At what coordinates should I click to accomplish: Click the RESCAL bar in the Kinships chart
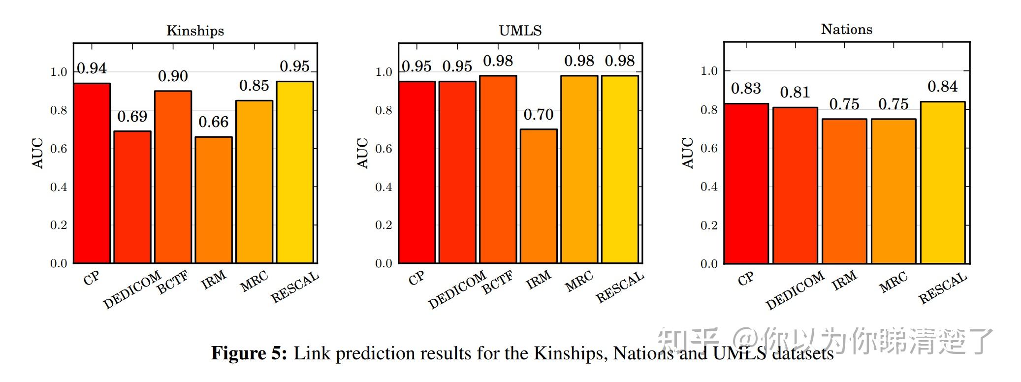tap(295, 172)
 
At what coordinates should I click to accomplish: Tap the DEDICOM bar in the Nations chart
tap(795, 185)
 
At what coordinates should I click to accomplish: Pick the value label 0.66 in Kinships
tap(214, 122)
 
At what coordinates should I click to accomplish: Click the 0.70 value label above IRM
tap(539, 114)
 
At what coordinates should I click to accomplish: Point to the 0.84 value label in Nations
tap(942, 87)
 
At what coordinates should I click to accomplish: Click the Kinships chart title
tap(195, 31)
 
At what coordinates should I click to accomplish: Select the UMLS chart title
tap(520, 31)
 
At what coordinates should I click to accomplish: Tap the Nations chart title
tap(846, 30)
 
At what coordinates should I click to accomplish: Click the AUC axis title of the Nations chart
tap(688, 153)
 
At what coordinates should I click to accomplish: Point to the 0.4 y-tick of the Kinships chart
tap(59, 187)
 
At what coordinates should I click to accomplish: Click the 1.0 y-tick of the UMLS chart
tap(383, 72)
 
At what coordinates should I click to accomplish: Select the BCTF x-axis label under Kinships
tap(173, 283)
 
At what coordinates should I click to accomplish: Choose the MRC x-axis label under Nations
tap(893, 283)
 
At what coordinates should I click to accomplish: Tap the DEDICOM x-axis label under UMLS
tap(457, 290)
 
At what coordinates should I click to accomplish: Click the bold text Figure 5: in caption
tap(249, 353)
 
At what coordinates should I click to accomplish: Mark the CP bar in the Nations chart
tap(746, 183)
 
